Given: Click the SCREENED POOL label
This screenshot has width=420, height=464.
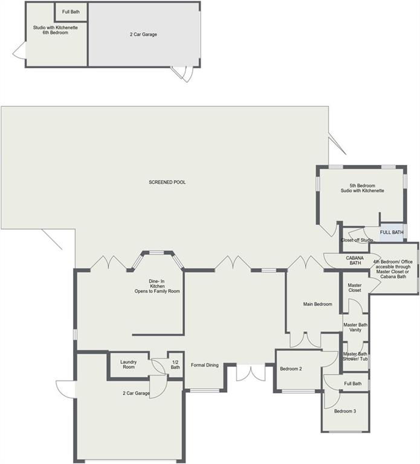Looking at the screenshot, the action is tap(167, 182).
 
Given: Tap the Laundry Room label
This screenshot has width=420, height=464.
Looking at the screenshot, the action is tap(129, 364).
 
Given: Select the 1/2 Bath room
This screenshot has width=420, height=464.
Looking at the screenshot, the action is tap(175, 364).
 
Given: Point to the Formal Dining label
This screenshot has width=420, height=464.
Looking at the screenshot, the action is tap(204, 365).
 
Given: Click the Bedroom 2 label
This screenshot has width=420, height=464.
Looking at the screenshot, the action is tap(291, 369).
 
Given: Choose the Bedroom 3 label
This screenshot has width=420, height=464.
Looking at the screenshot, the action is tap(345, 411).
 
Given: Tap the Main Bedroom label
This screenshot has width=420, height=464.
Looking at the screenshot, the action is tap(318, 304).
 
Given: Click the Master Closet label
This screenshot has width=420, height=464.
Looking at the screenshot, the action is tap(355, 288).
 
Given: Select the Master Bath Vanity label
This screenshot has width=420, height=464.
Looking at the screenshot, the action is tap(355, 327).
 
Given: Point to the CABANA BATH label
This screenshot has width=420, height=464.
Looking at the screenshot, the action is tap(355, 260).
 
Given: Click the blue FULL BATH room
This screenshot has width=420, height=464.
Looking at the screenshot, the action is tap(392, 232).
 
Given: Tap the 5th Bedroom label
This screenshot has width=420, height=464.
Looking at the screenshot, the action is tap(362, 188).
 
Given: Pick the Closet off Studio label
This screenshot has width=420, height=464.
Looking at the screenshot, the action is tap(357, 240).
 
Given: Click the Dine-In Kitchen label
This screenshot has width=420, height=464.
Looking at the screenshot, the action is tap(157, 286).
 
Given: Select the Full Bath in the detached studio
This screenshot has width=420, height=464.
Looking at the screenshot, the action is tap(71, 12).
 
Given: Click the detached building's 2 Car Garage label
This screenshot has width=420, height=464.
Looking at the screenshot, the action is tap(143, 34).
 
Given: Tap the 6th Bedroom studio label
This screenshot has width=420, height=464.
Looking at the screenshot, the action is tap(56, 30).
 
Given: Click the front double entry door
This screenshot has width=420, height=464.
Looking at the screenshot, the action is tap(251, 373).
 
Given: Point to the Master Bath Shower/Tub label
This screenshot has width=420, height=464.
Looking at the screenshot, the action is tap(355, 356).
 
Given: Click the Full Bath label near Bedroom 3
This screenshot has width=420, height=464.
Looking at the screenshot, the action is tap(353, 384).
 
